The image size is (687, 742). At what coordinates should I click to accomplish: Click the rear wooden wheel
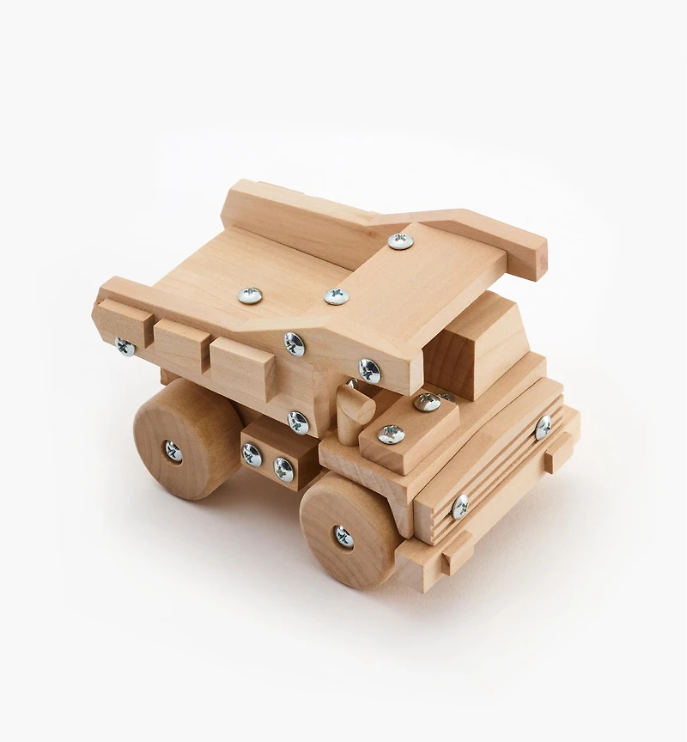pos(185,438)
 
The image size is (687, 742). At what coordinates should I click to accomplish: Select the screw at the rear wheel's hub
pos(173,450)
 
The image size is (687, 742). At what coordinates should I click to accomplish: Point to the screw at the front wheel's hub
pos(343,537)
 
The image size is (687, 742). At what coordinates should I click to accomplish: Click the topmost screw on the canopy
pos(399,241)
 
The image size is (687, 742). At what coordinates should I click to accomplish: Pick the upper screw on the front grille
pos(543,427)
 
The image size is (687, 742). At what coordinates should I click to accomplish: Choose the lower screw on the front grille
pos(461,507)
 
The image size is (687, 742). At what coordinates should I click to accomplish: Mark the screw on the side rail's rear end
pos(125,347)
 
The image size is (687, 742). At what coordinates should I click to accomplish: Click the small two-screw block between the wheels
pos(269,456)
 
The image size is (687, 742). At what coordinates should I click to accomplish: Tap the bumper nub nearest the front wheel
pos(456,550)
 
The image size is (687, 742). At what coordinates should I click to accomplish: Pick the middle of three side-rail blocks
pos(182,346)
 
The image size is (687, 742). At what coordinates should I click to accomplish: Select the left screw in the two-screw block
pos(252,454)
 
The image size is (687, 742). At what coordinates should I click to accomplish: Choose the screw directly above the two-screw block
pos(297,422)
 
